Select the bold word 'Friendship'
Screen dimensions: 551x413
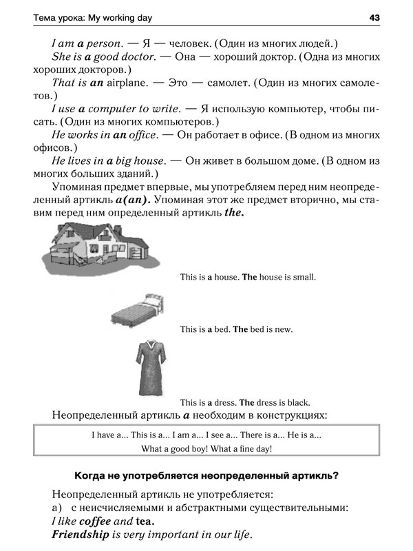click(x=81, y=534)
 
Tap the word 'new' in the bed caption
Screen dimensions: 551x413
click(x=282, y=330)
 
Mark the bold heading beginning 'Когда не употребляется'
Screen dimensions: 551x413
click(x=206, y=475)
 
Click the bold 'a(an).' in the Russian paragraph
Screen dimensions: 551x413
click(x=129, y=200)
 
